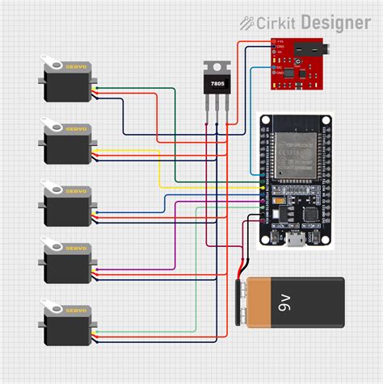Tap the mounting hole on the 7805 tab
pos(217,67)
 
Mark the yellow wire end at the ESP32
pos(261,188)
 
